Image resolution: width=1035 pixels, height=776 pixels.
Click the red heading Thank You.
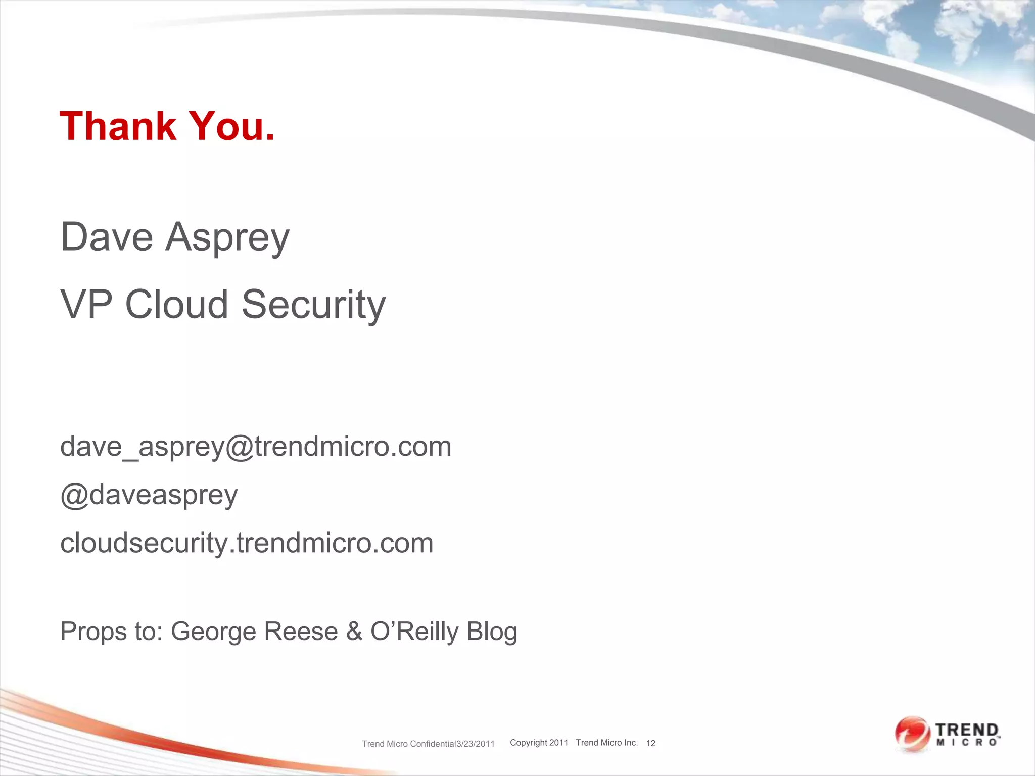pyautogui.click(x=167, y=126)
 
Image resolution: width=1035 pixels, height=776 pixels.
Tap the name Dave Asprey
pyautogui.click(x=175, y=237)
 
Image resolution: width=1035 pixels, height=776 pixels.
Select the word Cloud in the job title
pyautogui.click(x=176, y=305)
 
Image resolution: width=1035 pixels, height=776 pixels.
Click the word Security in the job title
pyautogui.click(x=313, y=305)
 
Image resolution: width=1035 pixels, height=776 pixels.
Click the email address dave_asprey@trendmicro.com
pyautogui.click(x=256, y=447)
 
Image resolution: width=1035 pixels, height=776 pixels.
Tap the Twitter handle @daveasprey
pyautogui.click(x=149, y=495)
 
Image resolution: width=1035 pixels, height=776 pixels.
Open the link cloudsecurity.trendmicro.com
pyautogui.click(x=247, y=543)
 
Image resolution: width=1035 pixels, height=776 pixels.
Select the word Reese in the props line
pyautogui.click(x=300, y=632)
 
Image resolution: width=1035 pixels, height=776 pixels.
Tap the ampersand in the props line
pyautogui.click(x=354, y=632)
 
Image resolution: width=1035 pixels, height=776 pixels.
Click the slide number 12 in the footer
pyautogui.click(x=651, y=743)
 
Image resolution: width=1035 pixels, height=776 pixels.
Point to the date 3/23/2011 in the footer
pyautogui.click(x=476, y=744)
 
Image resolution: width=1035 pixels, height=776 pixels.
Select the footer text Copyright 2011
pyautogui.click(x=539, y=743)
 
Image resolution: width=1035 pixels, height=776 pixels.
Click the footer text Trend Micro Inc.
pyautogui.click(x=607, y=743)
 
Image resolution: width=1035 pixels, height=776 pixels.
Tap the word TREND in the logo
pyautogui.click(x=967, y=731)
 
